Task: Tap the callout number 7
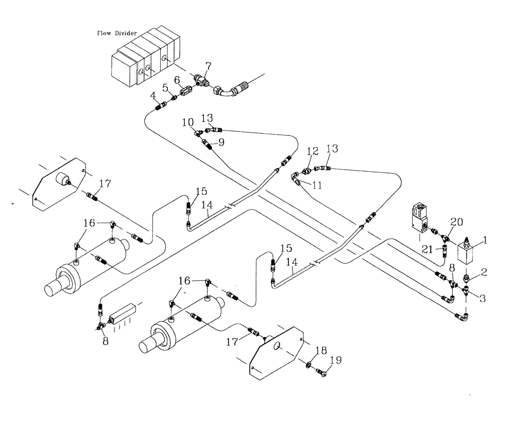(x=208, y=67)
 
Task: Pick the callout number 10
(x=187, y=122)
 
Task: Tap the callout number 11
(x=317, y=185)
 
